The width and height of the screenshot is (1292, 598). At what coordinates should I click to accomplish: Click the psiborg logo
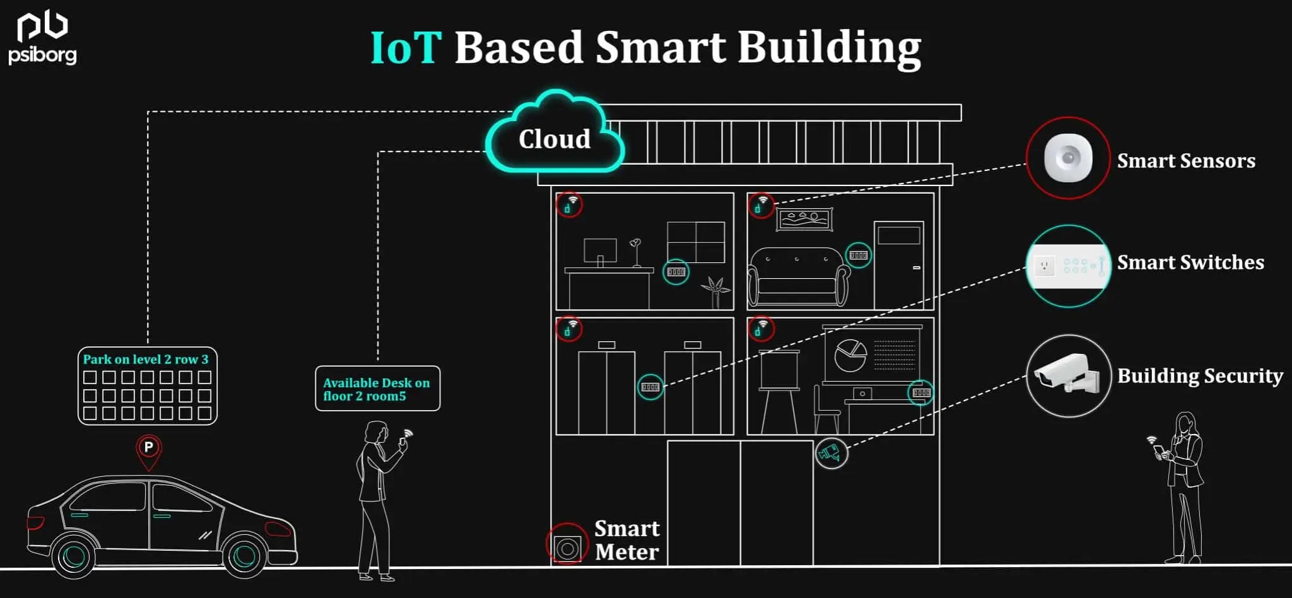tap(42, 39)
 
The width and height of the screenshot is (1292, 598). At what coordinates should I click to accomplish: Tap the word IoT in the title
tap(406, 48)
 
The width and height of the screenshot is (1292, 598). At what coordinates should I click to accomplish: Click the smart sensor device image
tap(1067, 158)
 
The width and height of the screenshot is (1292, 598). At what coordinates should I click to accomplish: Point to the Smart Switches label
tap(1190, 262)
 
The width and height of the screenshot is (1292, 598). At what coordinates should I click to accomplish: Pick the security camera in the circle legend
tap(1067, 375)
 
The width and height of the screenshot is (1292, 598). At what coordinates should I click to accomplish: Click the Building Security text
tap(1200, 376)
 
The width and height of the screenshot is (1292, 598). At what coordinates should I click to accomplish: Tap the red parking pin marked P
tap(149, 450)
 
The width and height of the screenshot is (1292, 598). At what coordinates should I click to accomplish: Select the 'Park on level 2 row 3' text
tap(146, 360)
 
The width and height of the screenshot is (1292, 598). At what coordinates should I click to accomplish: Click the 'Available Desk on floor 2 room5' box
tap(377, 389)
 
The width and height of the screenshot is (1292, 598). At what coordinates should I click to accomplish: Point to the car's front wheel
tap(245, 555)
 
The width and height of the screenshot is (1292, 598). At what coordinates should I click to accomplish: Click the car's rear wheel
tap(74, 555)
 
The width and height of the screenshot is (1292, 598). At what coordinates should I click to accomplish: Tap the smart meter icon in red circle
tap(567, 546)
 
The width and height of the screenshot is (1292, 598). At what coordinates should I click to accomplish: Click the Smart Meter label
tap(626, 540)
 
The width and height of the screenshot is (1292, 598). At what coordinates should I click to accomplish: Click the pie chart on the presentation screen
tap(850, 356)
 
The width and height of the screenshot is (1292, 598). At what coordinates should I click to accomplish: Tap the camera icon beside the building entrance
tap(831, 452)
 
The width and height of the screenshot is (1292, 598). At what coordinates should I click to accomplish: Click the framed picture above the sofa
tap(804, 220)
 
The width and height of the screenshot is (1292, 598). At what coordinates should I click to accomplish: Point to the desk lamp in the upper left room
tap(636, 252)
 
